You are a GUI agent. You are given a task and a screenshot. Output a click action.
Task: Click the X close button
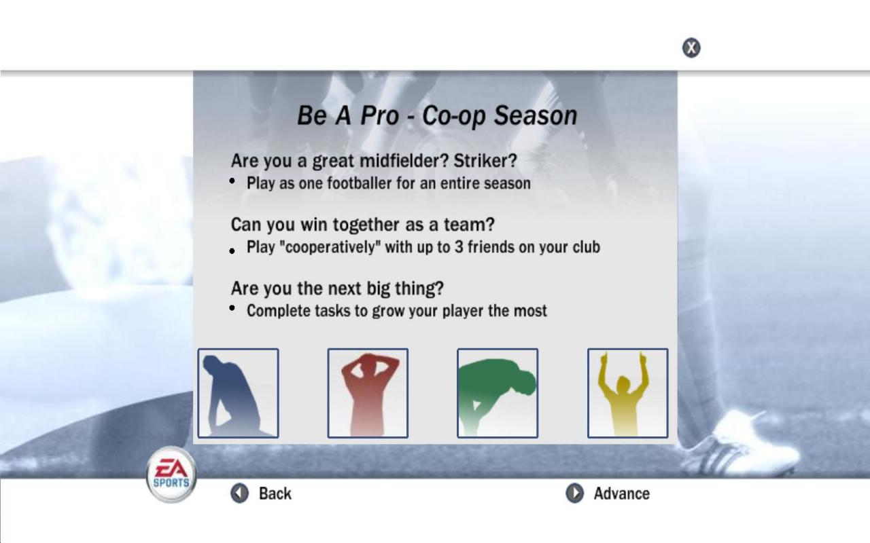691,48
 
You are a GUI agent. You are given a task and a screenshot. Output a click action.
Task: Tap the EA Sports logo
171,474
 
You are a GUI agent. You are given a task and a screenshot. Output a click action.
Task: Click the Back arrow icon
239,493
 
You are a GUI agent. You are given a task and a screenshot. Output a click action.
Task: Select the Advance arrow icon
574,493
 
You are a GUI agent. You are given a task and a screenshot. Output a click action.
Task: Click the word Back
275,493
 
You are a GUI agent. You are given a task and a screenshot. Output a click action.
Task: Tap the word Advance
622,493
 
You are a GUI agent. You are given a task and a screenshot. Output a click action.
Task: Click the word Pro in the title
379,115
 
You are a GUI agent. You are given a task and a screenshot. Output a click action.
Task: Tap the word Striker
485,161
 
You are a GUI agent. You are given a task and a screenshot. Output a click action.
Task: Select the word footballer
359,183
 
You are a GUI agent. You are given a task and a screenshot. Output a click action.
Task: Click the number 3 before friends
459,247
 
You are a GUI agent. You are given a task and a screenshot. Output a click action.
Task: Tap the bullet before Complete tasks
232,308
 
